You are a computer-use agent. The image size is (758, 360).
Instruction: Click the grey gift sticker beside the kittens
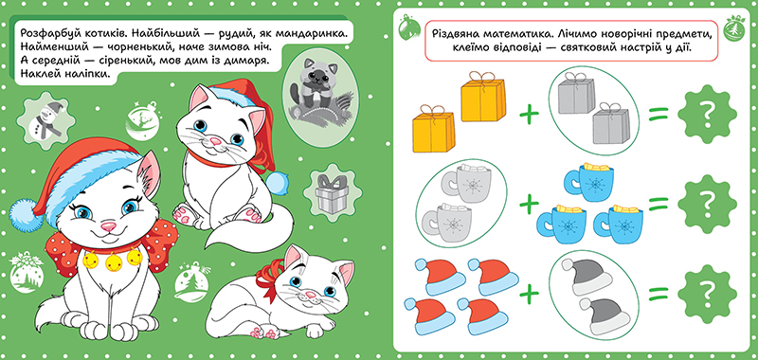[x=330, y=194]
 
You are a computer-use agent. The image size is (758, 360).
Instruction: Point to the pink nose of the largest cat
[x=108, y=225]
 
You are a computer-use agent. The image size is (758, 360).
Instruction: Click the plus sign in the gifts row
[x=530, y=115]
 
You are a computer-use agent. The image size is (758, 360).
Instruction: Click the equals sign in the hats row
[x=659, y=294]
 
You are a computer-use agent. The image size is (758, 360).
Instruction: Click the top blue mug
[x=587, y=181]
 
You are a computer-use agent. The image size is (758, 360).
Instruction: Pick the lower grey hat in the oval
[x=605, y=316]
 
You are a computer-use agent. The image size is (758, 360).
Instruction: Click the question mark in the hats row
[x=706, y=294]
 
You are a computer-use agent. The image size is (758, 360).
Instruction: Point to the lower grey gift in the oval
[x=611, y=123]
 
